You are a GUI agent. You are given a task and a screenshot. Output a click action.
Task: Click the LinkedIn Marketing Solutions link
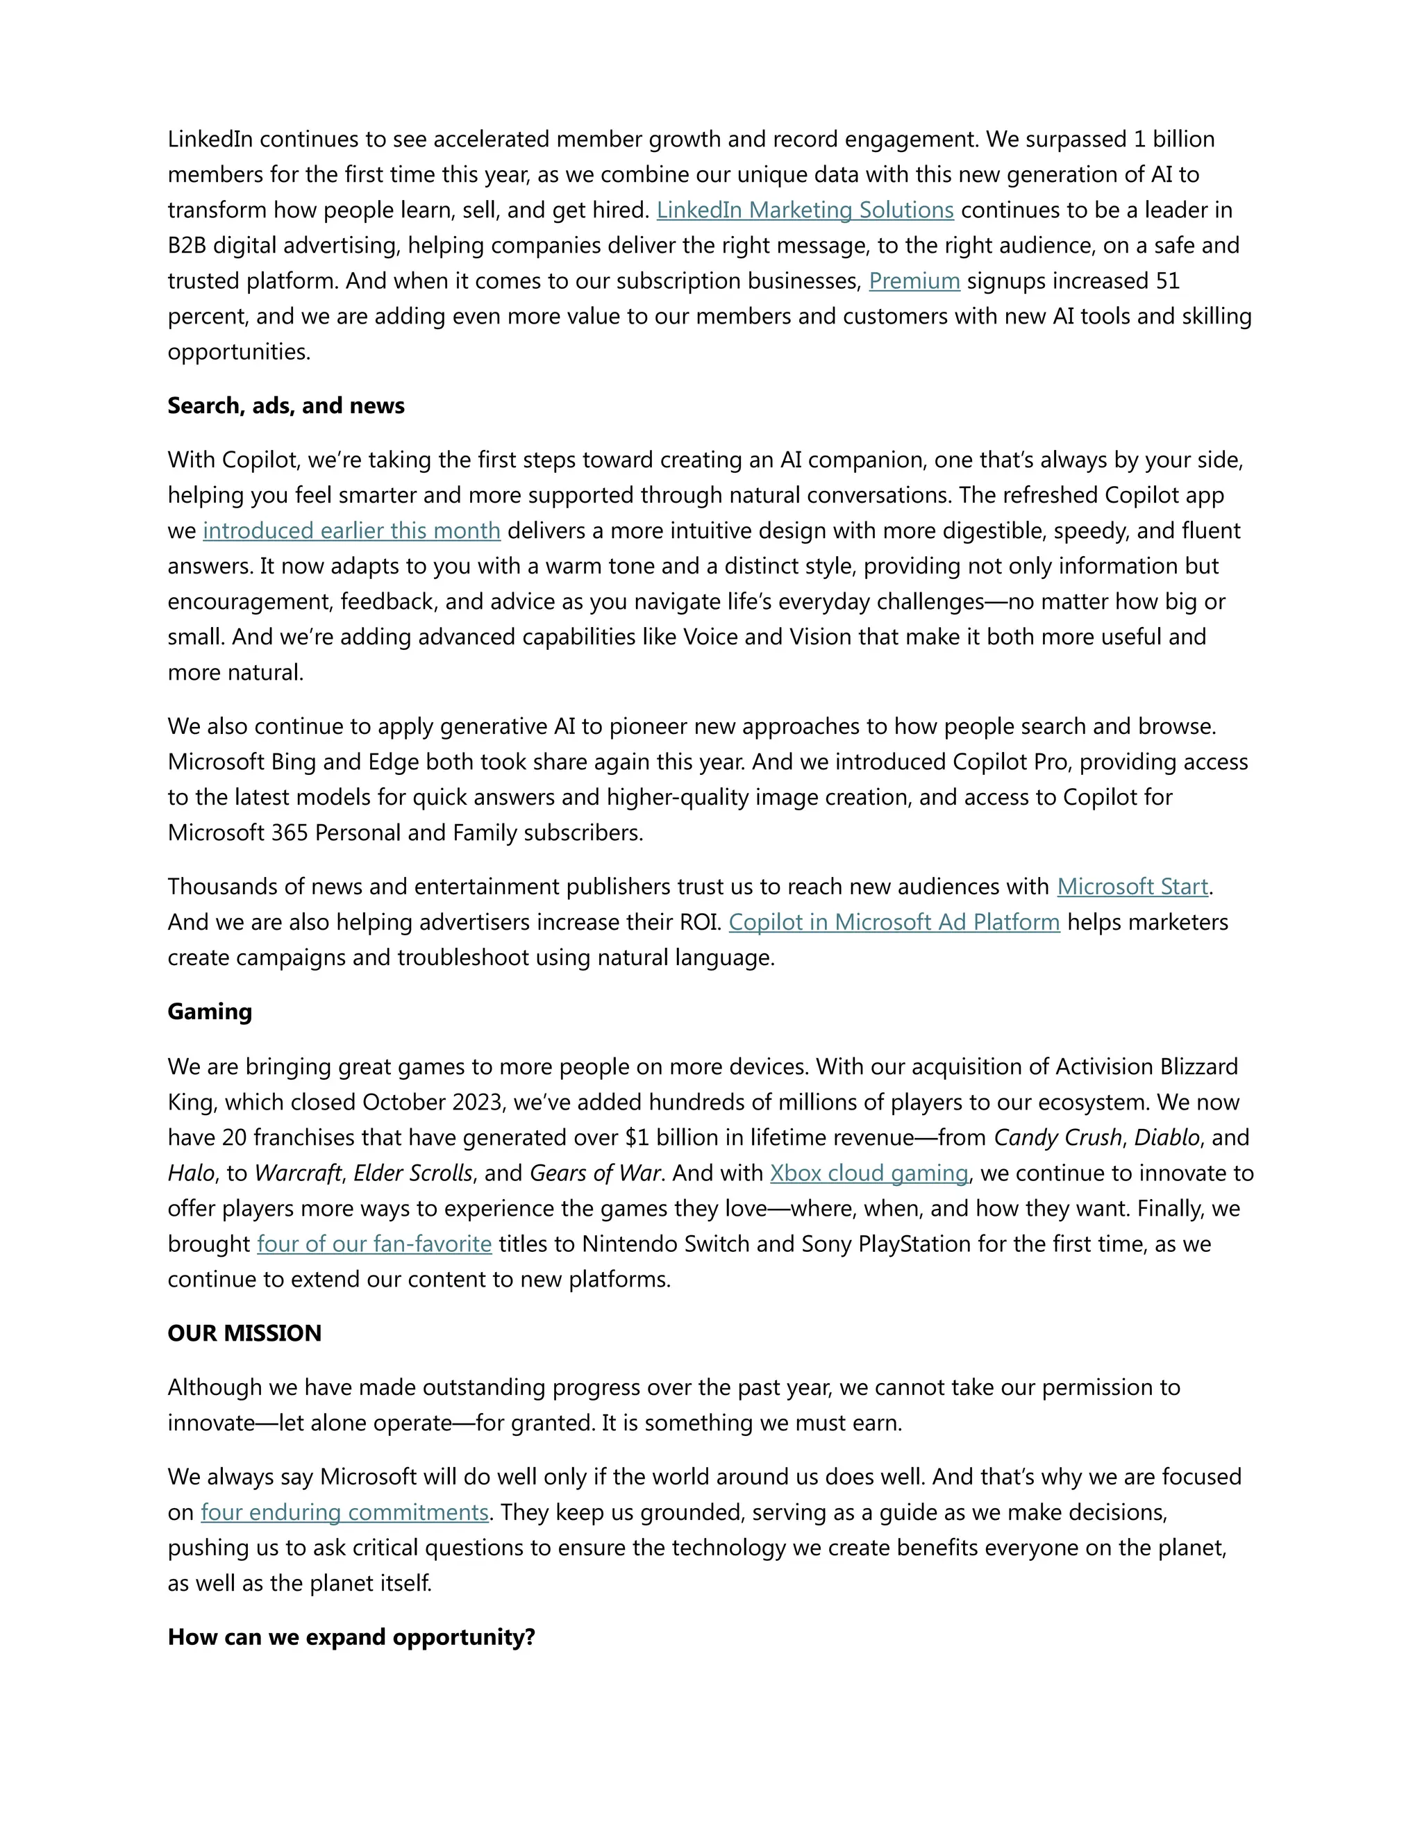805,210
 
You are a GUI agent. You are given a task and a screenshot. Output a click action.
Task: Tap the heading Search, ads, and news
285,405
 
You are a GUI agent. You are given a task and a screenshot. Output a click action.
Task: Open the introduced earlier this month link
351,530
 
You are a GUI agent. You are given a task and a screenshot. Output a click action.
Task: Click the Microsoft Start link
1132,886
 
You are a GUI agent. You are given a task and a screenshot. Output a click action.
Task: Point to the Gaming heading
210,1011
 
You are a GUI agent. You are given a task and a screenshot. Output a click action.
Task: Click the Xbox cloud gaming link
869,1173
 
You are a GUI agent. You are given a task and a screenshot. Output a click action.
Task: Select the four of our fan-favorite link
374,1244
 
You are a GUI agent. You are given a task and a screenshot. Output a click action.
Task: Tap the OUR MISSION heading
244,1333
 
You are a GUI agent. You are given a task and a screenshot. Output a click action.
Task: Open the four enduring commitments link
344,1512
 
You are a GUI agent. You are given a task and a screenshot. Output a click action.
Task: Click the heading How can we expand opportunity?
351,1637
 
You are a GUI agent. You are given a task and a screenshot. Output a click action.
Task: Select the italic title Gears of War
595,1173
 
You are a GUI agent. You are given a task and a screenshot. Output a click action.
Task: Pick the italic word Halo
190,1173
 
